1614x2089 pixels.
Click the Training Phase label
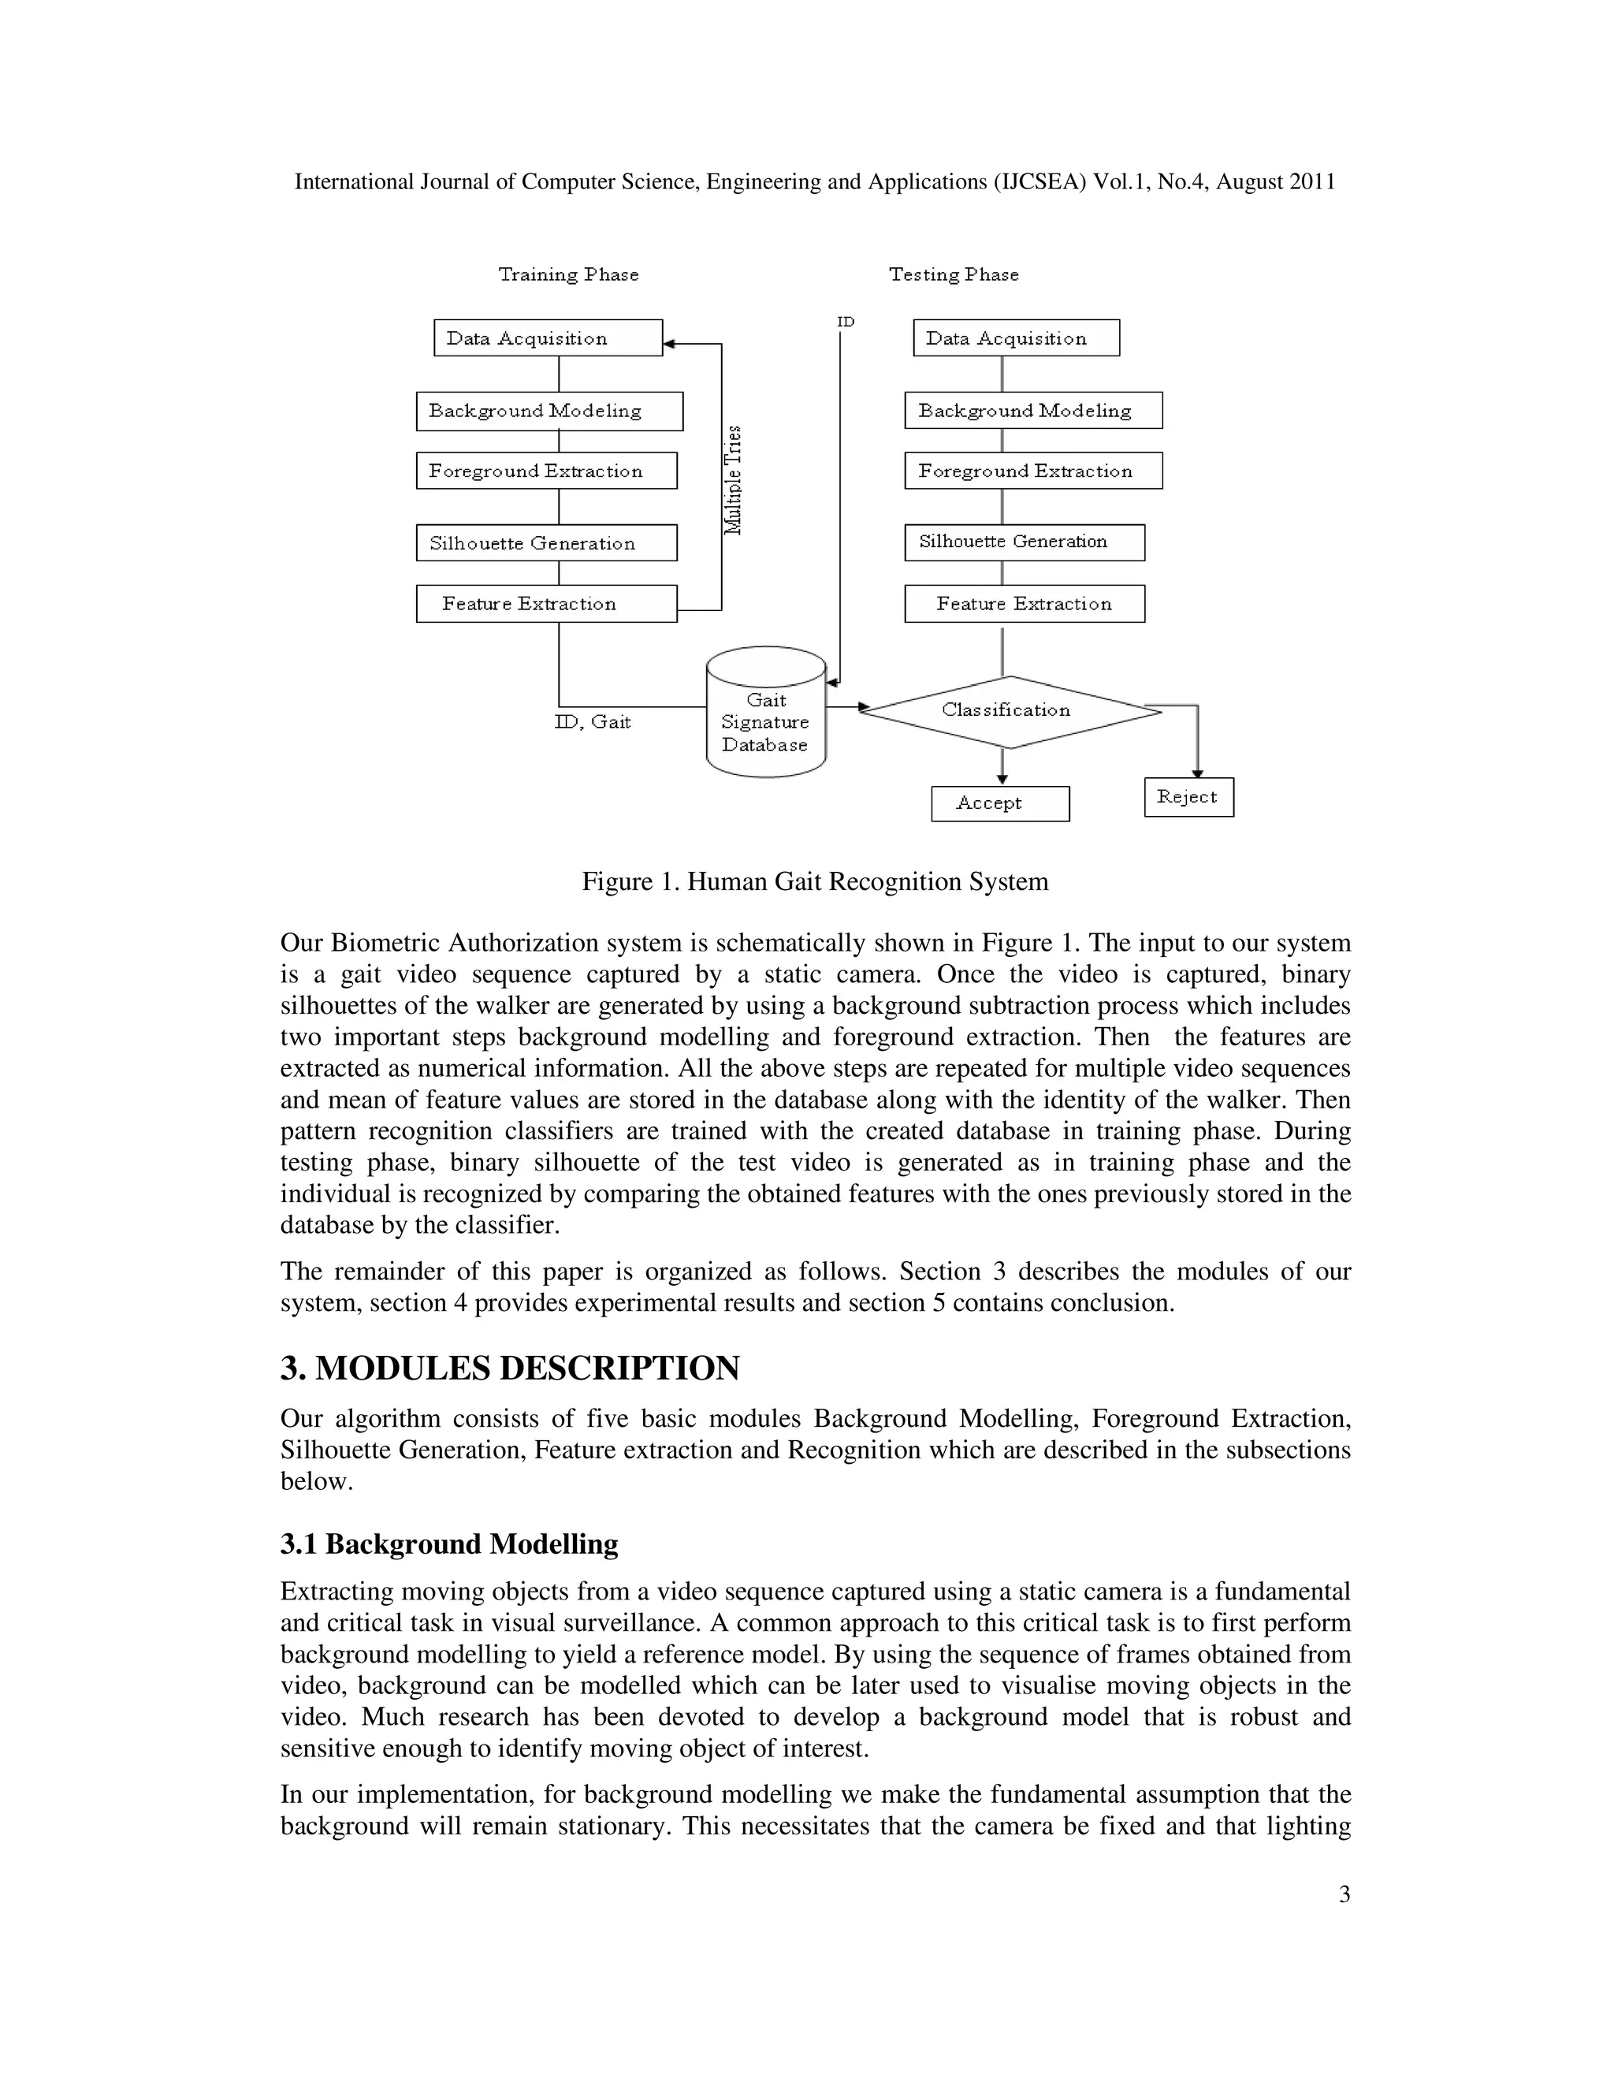tap(568, 274)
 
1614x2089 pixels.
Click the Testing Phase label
tap(954, 274)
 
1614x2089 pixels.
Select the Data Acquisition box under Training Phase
tap(547, 337)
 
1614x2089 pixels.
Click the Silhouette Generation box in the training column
tap(546, 542)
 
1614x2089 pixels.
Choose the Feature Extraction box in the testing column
tap(1024, 604)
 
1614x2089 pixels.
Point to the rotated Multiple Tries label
tap(734, 480)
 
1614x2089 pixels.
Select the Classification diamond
tap(1008, 711)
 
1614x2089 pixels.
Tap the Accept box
tap(999, 803)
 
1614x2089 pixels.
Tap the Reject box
tap(1188, 797)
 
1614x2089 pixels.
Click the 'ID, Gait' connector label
tap(593, 722)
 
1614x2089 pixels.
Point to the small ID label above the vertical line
tap(846, 322)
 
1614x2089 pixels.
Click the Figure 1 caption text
tap(815, 881)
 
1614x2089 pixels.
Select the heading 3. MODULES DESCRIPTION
tap(510, 1368)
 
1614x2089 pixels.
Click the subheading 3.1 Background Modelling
tap(449, 1543)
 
